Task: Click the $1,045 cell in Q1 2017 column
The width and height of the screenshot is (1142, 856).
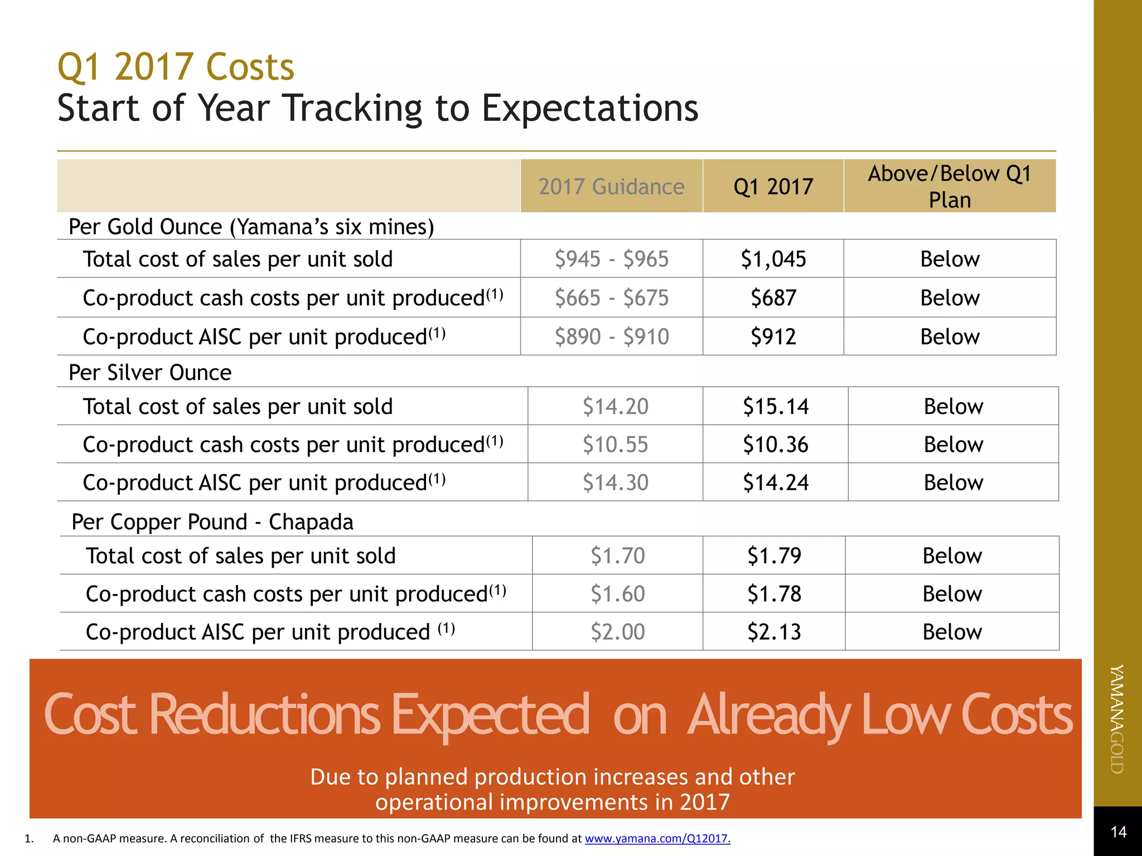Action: (x=773, y=259)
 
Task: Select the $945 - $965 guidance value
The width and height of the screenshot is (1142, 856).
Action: (x=611, y=259)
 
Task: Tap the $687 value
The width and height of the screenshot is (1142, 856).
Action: (x=773, y=298)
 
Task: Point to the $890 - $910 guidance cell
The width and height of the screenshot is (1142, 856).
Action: (x=611, y=337)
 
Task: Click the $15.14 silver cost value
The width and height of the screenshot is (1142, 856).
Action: (x=776, y=406)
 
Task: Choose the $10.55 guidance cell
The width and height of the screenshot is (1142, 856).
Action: (x=615, y=445)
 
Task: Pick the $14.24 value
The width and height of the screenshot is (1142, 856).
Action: (x=776, y=483)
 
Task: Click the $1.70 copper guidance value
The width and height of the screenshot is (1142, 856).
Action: (x=617, y=556)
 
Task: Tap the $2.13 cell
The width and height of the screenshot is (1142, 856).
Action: (x=774, y=632)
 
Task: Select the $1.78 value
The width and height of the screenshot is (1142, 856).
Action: (x=774, y=594)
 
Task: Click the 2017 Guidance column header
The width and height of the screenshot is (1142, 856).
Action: (x=611, y=187)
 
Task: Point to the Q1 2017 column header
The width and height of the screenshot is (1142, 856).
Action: (x=773, y=187)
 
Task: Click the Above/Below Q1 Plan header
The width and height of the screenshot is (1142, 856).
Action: (x=950, y=187)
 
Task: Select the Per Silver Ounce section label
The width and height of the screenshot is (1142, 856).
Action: (x=150, y=372)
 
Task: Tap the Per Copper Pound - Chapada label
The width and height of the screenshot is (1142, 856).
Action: (x=212, y=522)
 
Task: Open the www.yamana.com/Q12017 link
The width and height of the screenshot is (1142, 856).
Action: (x=657, y=838)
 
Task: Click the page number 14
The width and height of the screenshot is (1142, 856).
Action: (x=1118, y=832)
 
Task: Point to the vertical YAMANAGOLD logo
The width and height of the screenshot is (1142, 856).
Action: (x=1117, y=719)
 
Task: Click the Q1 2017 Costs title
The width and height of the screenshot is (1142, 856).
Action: (x=176, y=67)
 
